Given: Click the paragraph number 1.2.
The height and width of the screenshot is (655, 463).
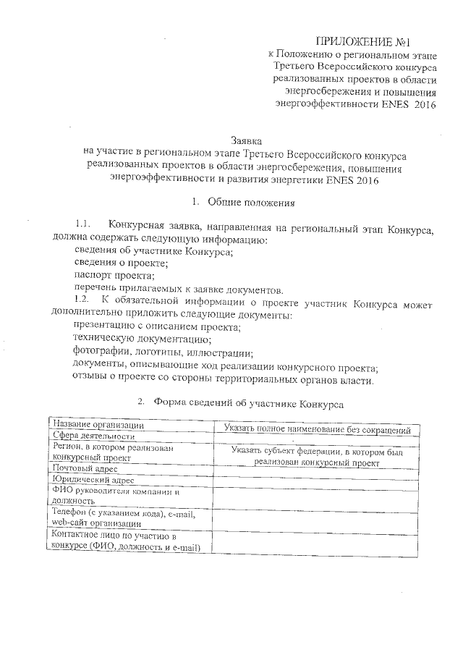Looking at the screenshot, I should [x=84, y=300].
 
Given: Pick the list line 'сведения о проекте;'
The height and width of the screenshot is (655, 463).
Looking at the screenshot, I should [x=116, y=263].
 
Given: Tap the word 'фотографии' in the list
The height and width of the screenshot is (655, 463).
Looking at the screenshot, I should [x=99, y=352].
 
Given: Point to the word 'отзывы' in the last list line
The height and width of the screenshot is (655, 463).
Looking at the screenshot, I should [x=90, y=380].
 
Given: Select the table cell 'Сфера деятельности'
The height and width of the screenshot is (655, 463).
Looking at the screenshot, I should [x=93, y=436].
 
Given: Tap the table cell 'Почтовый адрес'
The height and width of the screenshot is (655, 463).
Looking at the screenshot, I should [x=86, y=468].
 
